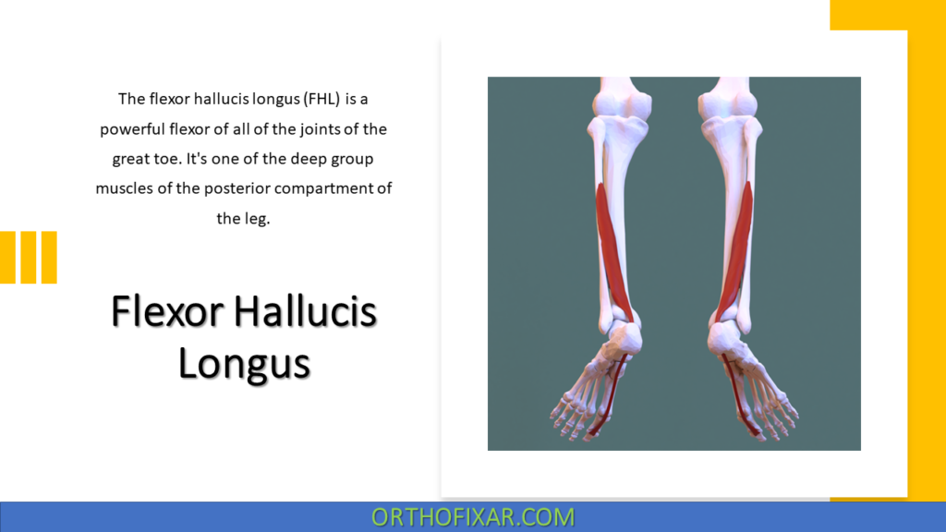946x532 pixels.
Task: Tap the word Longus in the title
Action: (x=245, y=362)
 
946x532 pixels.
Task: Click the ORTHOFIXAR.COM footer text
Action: (x=473, y=517)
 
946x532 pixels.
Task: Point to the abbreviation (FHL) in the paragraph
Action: (x=318, y=98)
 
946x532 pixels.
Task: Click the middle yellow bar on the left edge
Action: (x=28, y=257)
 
